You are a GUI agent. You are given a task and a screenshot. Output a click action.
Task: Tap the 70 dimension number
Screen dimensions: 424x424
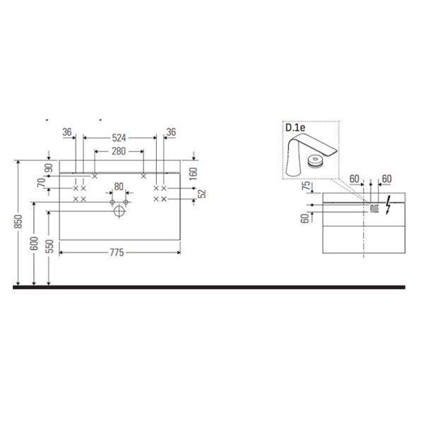tap(43, 184)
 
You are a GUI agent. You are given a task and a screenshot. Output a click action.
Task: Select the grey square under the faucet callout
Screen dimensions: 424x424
tap(375, 208)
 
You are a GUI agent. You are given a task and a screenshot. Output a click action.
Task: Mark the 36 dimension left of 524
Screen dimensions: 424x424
tap(67, 131)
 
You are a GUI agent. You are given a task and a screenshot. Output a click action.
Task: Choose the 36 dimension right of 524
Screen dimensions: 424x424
tap(170, 131)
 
